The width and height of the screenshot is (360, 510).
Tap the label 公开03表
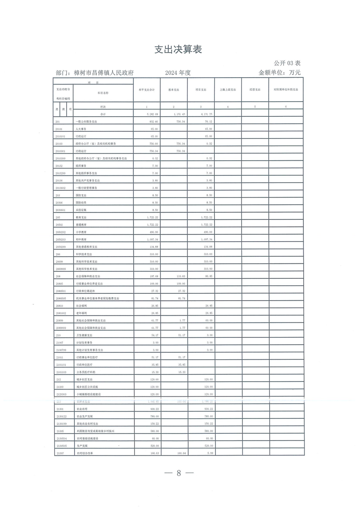[x=287, y=63]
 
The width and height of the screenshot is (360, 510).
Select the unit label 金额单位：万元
[x=280, y=73]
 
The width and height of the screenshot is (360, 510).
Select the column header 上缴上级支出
[x=228, y=90]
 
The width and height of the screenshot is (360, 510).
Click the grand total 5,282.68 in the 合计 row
[x=152, y=114]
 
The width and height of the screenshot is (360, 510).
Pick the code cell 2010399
[x=61, y=158]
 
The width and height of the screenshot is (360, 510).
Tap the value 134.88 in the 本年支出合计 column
[x=153, y=247]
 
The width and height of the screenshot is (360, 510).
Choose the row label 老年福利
[x=81, y=313]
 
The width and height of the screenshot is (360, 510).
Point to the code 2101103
[x=61, y=371]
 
